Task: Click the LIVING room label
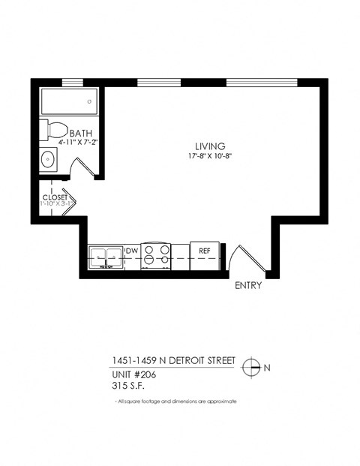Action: click(210, 146)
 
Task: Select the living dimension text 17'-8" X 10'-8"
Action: click(210, 156)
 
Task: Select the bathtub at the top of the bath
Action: click(68, 100)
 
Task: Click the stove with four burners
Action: click(157, 255)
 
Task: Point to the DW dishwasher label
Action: click(130, 251)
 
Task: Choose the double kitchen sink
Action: click(105, 256)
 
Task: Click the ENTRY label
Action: click(248, 286)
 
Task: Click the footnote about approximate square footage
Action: click(176, 401)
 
